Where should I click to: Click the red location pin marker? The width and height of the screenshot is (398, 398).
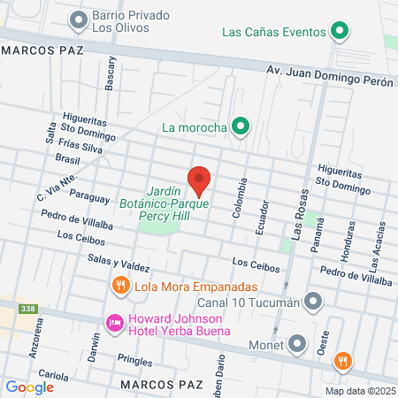[199, 181]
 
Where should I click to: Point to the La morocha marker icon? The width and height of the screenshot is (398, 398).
[238, 126]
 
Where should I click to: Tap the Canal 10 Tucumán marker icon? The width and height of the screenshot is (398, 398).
[311, 302]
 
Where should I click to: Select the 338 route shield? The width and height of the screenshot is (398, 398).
[29, 309]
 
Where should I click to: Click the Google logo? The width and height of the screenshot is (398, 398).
[30, 387]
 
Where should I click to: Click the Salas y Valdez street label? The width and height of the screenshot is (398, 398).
[118, 261]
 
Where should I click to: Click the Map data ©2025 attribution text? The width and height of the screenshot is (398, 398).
[359, 391]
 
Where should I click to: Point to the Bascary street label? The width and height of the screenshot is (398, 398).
[111, 73]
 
